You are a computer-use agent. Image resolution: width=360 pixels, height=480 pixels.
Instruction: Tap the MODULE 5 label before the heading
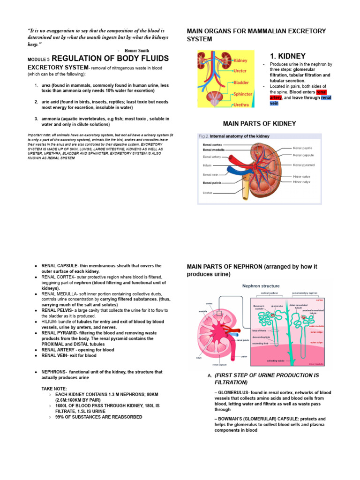38,60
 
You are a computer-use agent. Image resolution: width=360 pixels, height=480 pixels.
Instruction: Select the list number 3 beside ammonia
36,119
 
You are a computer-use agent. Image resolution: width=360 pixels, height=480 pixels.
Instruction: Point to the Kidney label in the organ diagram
240,60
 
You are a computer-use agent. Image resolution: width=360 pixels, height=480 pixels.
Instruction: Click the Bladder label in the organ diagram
241,82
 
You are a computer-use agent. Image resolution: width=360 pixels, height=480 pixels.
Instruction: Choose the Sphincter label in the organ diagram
243,94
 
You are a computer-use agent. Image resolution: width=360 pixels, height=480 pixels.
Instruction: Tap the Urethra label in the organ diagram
241,105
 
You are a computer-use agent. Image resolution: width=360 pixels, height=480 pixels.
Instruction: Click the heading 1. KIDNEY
288,56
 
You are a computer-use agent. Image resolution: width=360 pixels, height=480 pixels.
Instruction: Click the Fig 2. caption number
203,136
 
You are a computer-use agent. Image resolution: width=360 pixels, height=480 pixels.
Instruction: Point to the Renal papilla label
303,148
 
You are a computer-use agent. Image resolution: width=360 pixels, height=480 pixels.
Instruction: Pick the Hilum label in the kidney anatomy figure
207,165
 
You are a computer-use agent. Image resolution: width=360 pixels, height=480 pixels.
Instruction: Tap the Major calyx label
301,177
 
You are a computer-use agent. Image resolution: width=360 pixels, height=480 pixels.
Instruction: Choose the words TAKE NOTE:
54,389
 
